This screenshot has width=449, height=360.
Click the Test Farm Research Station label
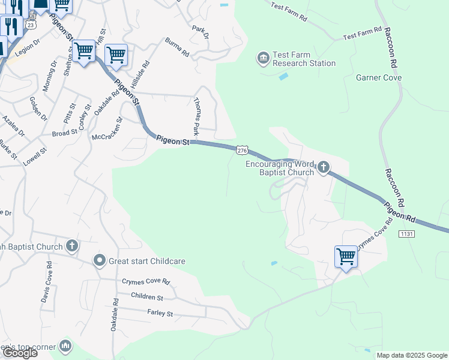pyautogui.click(x=304, y=59)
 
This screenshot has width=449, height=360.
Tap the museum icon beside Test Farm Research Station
pyautogui.click(x=263, y=58)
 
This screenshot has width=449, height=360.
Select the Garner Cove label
pyautogui.click(x=379, y=77)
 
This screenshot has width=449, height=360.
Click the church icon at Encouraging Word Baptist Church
pyautogui.click(x=324, y=167)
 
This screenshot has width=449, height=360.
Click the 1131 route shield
pyautogui.click(x=406, y=233)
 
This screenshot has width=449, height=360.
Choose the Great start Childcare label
pyautogui.click(x=146, y=261)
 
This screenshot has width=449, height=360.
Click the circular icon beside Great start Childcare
pyautogui.click(x=100, y=260)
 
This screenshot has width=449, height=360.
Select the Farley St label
pyautogui.click(x=160, y=313)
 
